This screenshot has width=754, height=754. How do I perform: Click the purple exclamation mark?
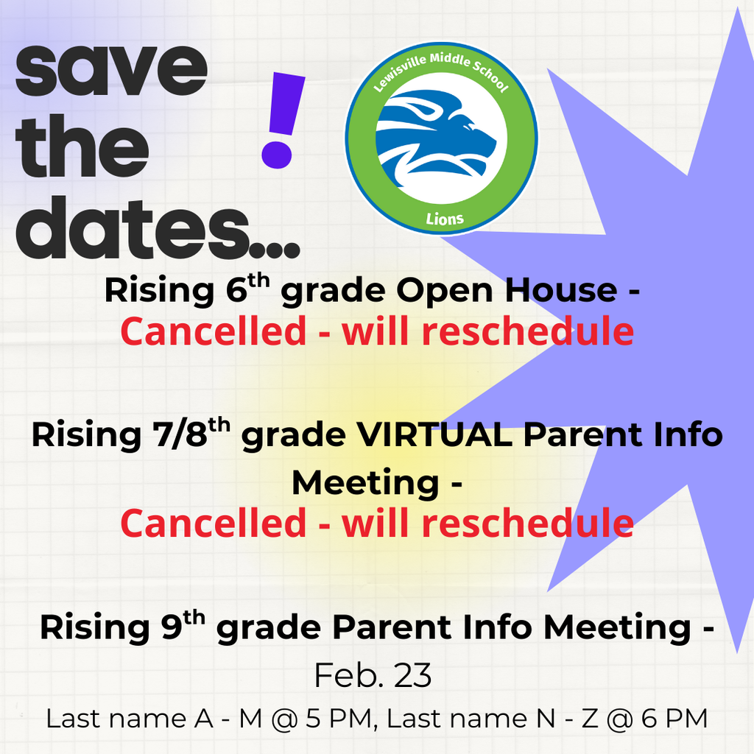(283, 120)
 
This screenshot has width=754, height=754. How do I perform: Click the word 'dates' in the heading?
(133, 228)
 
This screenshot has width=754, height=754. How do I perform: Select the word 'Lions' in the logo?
(445, 219)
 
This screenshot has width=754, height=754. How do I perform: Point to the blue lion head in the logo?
(435, 138)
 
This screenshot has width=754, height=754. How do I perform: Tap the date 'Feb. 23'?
(373, 675)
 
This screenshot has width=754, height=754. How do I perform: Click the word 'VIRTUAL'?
(434, 434)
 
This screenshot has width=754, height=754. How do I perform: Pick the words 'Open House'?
(507, 292)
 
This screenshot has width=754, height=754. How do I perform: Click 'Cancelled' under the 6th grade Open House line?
(213, 331)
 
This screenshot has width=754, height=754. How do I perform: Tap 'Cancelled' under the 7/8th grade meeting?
(213, 524)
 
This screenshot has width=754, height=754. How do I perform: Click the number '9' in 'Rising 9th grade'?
(172, 627)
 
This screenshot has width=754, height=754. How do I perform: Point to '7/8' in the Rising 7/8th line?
(180, 434)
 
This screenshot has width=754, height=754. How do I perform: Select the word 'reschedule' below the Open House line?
(527, 331)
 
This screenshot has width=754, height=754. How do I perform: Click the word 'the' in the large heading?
(82, 146)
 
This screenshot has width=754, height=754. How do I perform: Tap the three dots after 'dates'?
(276, 251)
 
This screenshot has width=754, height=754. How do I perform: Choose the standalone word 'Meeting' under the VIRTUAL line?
(365, 482)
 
